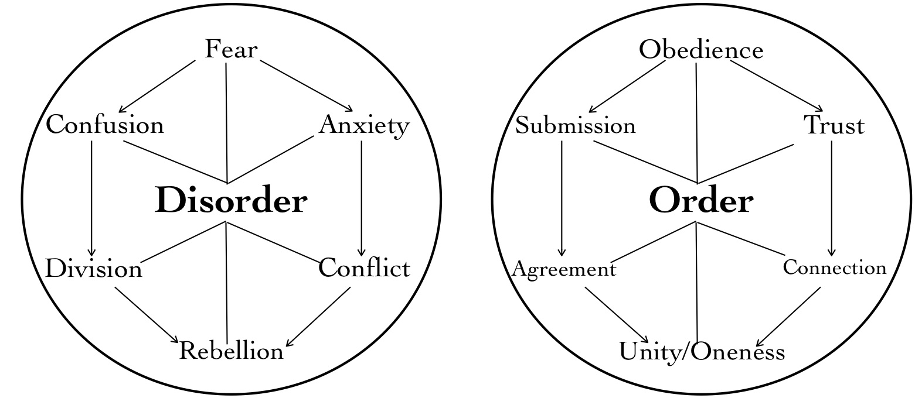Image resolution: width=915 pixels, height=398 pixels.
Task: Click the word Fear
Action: (x=230, y=50)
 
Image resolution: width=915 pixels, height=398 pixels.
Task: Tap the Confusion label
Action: (x=105, y=125)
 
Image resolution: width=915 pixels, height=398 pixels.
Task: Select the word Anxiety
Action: (x=364, y=125)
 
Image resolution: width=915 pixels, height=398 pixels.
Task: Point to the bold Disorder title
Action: (x=231, y=201)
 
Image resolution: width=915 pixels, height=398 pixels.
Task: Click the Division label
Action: (x=94, y=269)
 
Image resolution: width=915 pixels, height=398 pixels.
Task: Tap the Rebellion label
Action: (x=231, y=351)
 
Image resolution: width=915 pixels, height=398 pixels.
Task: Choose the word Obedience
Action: (x=701, y=50)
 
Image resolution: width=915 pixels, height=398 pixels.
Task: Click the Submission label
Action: (x=575, y=126)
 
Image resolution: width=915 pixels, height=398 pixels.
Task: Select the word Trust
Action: (x=834, y=125)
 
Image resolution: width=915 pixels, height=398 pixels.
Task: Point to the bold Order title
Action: (x=701, y=201)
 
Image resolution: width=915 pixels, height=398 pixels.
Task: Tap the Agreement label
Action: (x=564, y=269)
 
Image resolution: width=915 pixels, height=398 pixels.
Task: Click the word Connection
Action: (x=835, y=268)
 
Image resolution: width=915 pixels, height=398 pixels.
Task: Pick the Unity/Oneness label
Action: (x=702, y=352)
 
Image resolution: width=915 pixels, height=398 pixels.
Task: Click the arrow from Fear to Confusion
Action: (x=157, y=85)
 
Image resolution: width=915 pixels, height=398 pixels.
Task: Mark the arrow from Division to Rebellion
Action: (x=146, y=314)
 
